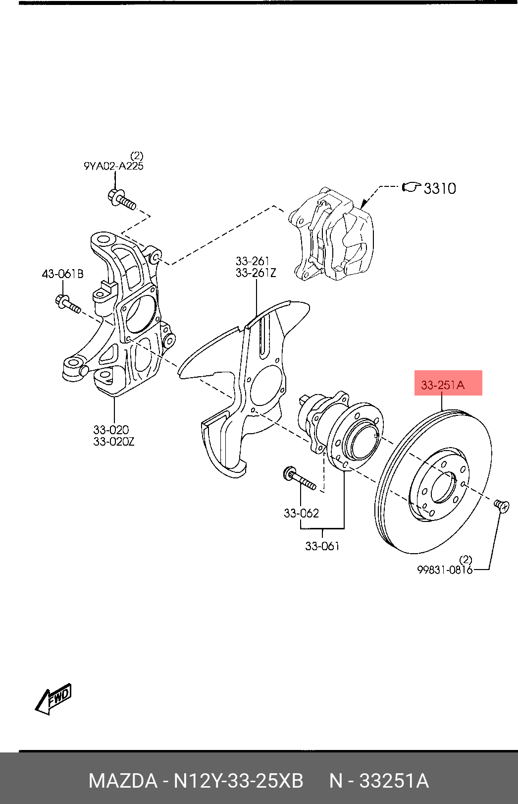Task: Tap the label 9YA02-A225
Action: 113,166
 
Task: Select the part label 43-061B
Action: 63,274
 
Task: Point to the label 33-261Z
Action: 256,273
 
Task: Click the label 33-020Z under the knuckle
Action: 113,441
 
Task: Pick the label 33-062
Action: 301,513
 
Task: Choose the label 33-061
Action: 322,546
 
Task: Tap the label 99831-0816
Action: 445,570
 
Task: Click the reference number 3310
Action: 440,188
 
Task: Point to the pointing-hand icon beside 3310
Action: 411,187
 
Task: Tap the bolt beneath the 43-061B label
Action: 67,304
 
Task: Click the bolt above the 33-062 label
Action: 299,479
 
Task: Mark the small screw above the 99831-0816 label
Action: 501,506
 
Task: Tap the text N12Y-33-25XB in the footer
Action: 238,781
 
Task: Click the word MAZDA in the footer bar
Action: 123,781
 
